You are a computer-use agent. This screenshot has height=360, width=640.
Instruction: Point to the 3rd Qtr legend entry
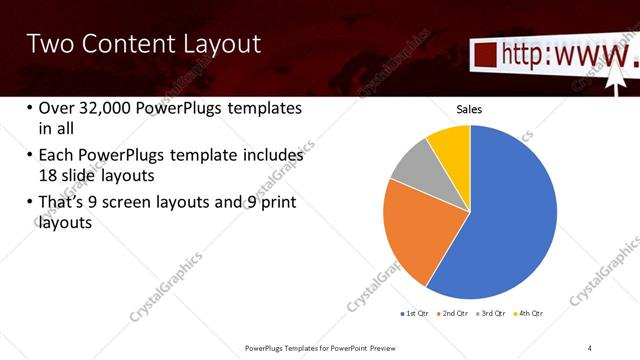(x=494, y=314)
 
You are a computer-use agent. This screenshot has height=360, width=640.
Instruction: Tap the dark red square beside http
(x=483, y=54)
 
